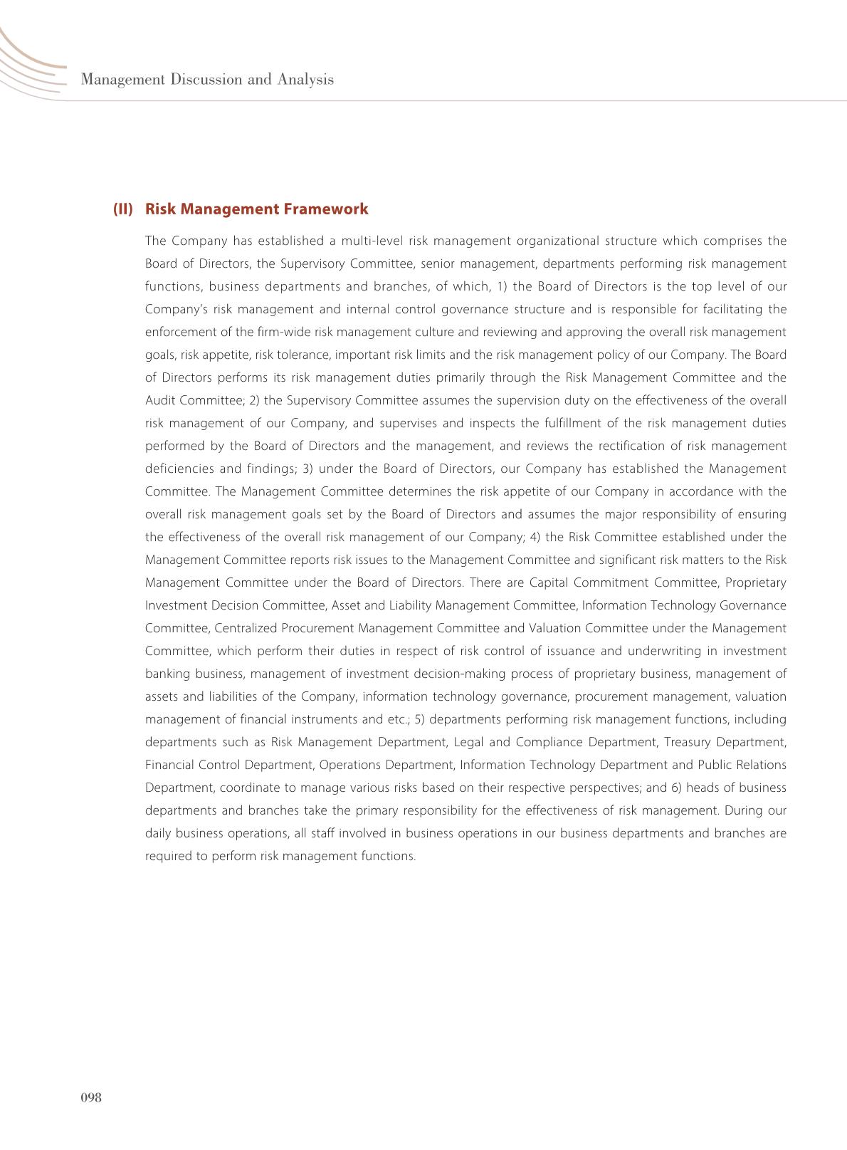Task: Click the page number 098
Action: (91, 1097)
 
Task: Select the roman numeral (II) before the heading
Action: (123, 209)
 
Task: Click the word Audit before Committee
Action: (161, 400)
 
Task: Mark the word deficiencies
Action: (179, 469)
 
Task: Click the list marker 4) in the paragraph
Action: (533, 537)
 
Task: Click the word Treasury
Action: (687, 742)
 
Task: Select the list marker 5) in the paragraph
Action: (422, 719)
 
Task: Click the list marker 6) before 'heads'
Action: (676, 788)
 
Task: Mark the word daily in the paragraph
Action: (158, 833)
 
